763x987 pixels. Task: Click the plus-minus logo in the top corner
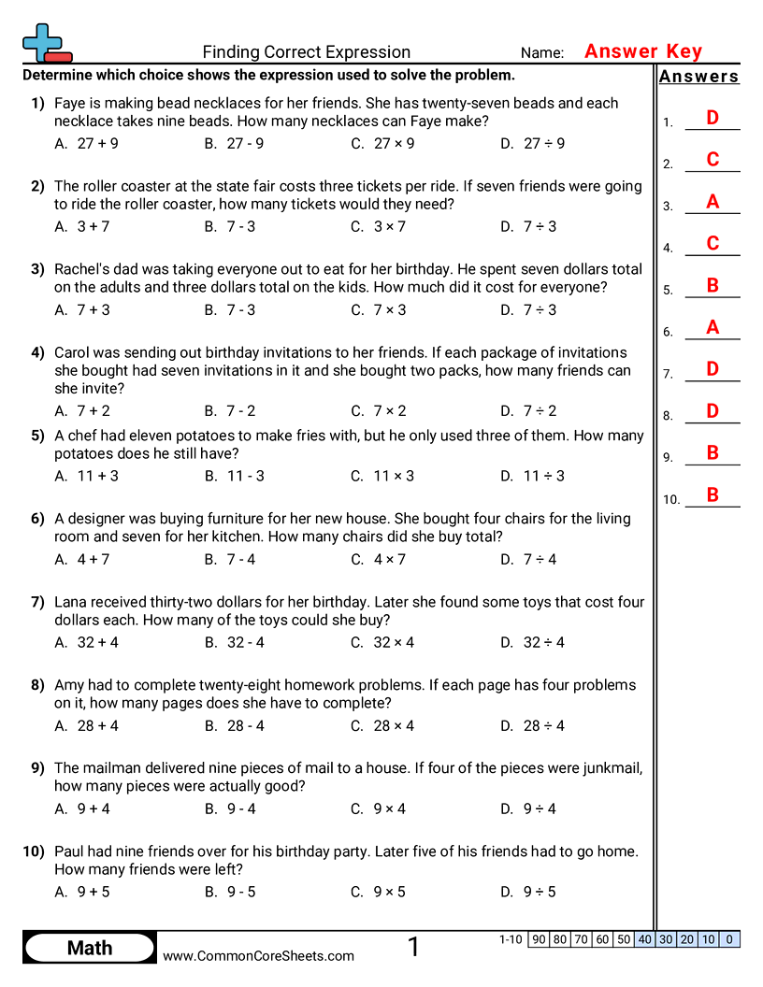click(x=46, y=43)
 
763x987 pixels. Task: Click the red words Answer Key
click(x=642, y=51)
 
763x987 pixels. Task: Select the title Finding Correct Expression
click(x=306, y=52)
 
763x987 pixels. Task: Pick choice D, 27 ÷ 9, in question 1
click(x=532, y=144)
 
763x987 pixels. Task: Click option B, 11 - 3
click(x=235, y=476)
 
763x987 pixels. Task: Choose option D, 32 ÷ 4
click(x=532, y=643)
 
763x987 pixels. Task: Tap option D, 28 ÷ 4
click(x=532, y=726)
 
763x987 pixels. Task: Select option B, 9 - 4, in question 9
click(x=230, y=809)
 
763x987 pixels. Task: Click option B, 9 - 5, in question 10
click(x=230, y=893)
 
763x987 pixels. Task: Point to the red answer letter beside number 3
click(x=713, y=202)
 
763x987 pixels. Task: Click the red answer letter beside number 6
click(x=713, y=327)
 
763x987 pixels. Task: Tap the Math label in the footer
click(x=90, y=949)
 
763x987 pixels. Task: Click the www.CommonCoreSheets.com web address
click(x=259, y=956)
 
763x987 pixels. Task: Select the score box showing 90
click(x=540, y=939)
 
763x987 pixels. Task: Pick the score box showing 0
click(x=729, y=939)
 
